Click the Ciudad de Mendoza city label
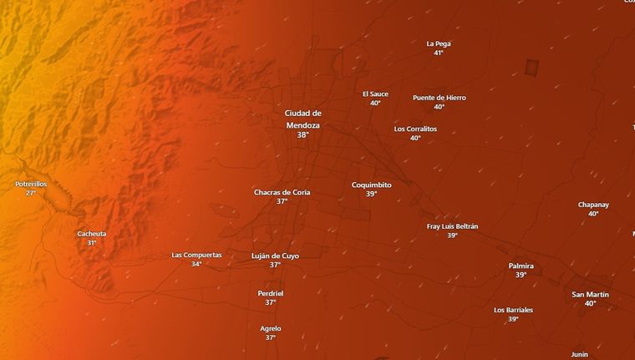click(x=302, y=119)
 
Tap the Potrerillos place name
click(x=31, y=184)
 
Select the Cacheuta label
click(x=92, y=234)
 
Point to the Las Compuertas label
click(x=196, y=255)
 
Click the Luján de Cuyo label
click(x=275, y=256)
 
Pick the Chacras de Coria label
click(x=282, y=192)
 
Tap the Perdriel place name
click(x=271, y=293)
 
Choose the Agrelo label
click(x=271, y=328)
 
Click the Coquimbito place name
click(x=371, y=185)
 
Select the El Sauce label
click(x=375, y=94)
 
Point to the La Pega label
click(x=438, y=43)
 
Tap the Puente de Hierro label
click(x=439, y=98)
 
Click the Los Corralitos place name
click(x=415, y=129)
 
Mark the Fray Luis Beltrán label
click(x=452, y=226)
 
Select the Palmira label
click(x=521, y=266)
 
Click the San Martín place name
click(x=590, y=294)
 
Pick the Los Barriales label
click(x=513, y=310)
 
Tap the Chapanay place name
click(x=593, y=205)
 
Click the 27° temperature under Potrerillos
click(x=31, y=193)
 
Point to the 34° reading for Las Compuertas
click(x=196, y=264)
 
